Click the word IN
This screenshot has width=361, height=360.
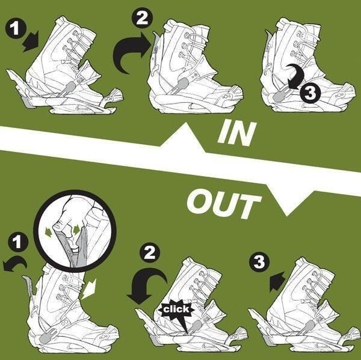coord(237,133)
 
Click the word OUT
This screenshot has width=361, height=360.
coord(224,204)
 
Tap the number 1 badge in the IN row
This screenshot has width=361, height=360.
coord(16,28)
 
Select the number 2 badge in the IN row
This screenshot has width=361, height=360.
coord(142,17)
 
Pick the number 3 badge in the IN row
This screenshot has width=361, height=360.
coord(310,93)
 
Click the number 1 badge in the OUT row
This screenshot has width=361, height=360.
coord(18,242)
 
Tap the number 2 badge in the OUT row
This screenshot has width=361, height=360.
coord(150,254)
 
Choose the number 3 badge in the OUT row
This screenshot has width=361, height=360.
coord(259,262)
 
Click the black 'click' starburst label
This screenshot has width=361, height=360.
coord(176,310)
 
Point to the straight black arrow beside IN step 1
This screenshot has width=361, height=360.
coord(31,41)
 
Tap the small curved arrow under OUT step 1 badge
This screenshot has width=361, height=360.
coord(14,264)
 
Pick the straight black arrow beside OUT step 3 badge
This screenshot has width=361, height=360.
coord(277,281)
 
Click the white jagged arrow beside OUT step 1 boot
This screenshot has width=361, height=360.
coord(89,288)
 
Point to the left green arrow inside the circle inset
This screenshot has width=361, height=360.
coord(49,230)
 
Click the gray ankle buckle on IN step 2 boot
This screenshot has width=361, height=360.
coord(182,84)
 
